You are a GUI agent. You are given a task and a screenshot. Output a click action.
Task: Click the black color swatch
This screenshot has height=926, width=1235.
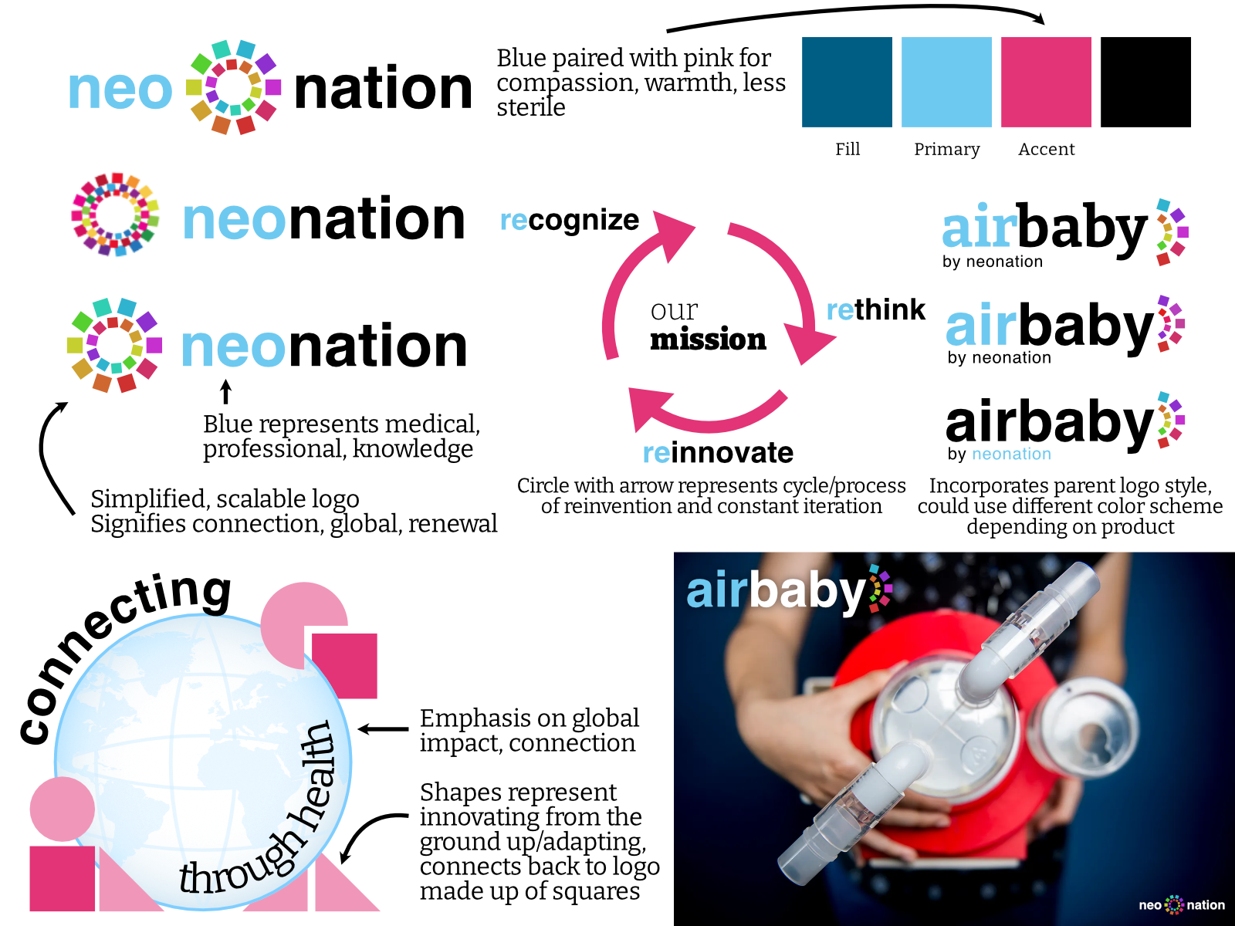(1145, 82)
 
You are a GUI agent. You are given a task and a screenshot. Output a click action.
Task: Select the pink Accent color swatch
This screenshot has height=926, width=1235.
(1046, 82)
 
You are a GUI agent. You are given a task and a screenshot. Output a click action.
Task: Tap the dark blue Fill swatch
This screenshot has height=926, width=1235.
(847, 82)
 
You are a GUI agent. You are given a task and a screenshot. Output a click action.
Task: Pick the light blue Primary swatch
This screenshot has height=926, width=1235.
(946, 82)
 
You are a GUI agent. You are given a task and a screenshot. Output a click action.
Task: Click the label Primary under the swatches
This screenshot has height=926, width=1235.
(947, 150)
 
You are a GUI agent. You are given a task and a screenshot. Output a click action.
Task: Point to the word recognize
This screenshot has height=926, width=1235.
(570, 221)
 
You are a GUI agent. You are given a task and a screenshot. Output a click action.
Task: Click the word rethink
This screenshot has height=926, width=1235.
(875, 309)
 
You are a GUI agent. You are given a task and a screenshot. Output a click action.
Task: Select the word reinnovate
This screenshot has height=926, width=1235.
(718, 453)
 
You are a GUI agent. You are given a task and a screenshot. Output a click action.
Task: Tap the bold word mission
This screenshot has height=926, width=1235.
(708, 339)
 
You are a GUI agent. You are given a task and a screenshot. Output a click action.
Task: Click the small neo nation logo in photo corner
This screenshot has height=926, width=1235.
(1182, 905)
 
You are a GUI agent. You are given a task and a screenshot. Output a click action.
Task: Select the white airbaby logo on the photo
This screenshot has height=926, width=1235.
(789, 590)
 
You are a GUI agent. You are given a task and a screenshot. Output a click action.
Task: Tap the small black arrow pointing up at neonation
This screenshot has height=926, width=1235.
(225, 392)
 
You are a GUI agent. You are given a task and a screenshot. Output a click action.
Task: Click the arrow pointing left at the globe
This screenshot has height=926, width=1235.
(383, 729)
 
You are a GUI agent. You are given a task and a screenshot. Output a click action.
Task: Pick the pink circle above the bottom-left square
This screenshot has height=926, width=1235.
(62, 809)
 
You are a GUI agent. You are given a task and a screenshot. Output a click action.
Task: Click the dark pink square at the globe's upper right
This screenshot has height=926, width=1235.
(344, 666)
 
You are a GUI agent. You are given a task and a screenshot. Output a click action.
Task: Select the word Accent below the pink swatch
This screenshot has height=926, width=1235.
(1047, 150)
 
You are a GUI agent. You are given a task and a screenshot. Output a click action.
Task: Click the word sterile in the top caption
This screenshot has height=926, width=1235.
(530, 107)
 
